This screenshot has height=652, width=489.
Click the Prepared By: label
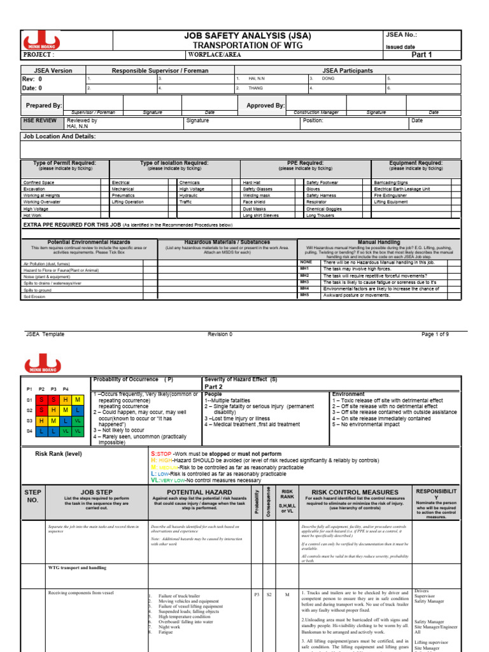pyautogui.click(x=44, y=105)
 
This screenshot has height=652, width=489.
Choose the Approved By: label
pyautogui.click(x=265, y=106)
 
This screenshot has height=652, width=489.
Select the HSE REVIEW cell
pyautogui.click(x=41, y=120)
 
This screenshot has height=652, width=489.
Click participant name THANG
pyautogui.click(x=255, y=88)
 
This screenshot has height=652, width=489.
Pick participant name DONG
pyautogui.click(x=327, y=78)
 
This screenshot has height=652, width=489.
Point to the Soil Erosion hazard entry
pyautogui.click(x=34, y=295)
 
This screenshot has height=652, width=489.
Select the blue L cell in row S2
pyautogui.click(x=77, y=410)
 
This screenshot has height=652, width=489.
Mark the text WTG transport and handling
pyautogui.click(x=77, y=567)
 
